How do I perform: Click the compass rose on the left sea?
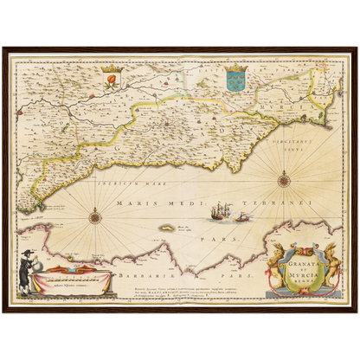click(94, 215)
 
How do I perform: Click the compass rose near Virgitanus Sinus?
click(284, 181)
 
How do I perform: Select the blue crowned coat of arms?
click(235, 80)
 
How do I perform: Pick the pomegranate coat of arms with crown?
click(110, 80)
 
